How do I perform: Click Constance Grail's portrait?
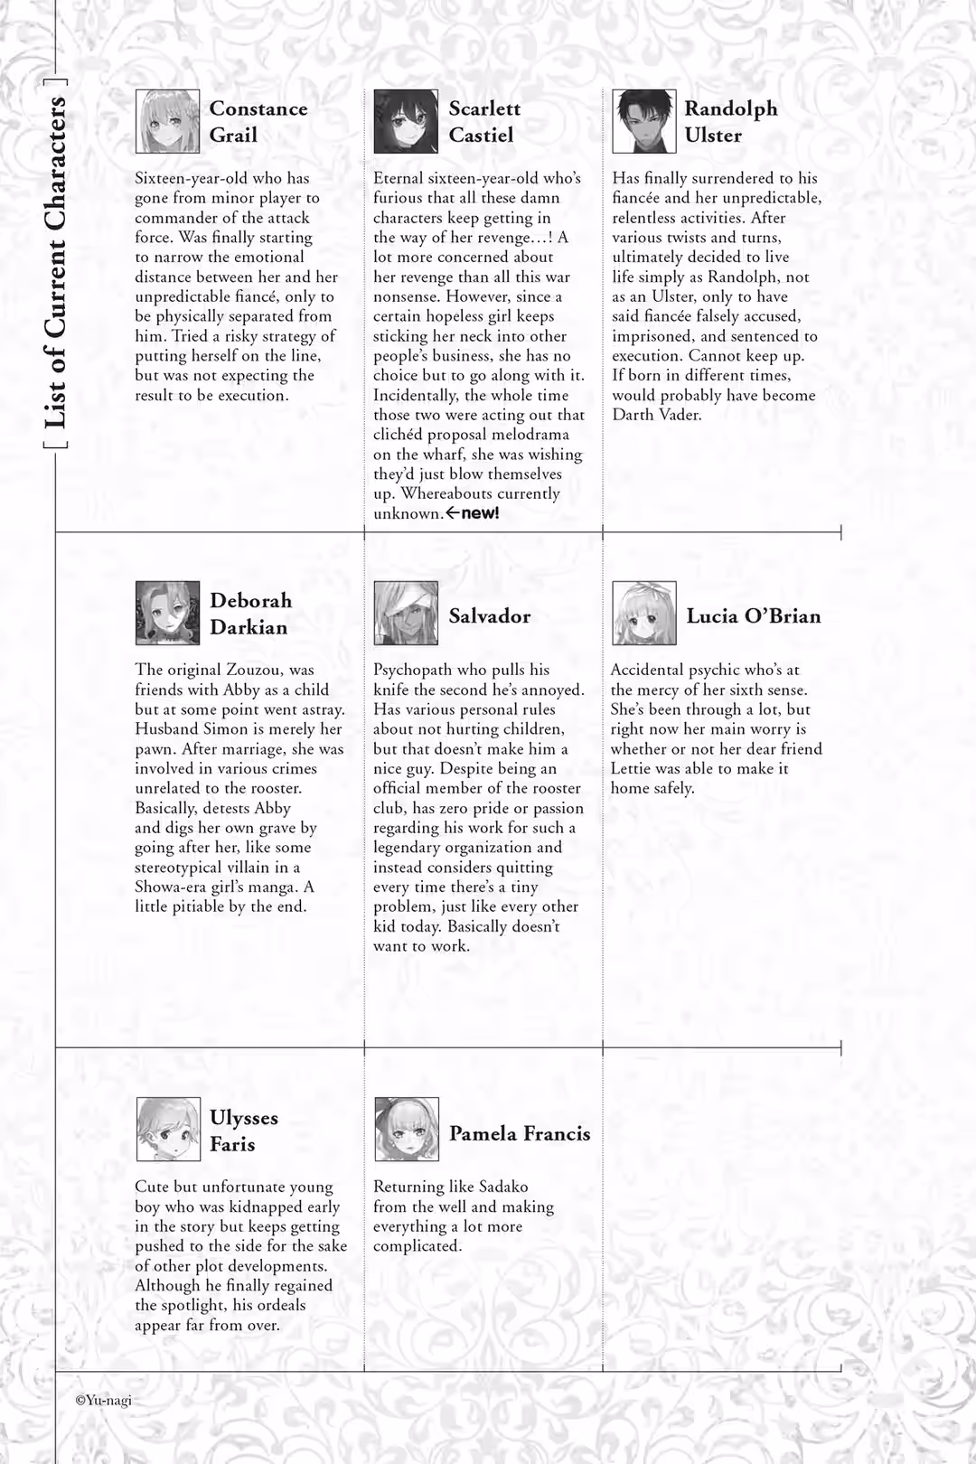167,121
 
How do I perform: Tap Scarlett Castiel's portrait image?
406,121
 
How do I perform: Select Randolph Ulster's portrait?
643,121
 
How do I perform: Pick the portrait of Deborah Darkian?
167,613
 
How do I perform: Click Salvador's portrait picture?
406,613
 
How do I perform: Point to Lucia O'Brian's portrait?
643,613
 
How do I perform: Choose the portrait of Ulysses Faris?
168,1129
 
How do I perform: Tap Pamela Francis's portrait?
407,1129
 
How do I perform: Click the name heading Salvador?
489,616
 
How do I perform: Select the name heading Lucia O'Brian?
753,616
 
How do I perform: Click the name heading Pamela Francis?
520,1133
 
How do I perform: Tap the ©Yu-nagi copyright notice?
103,1400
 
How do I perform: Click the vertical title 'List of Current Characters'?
55,262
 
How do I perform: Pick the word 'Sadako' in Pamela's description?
503,1187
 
